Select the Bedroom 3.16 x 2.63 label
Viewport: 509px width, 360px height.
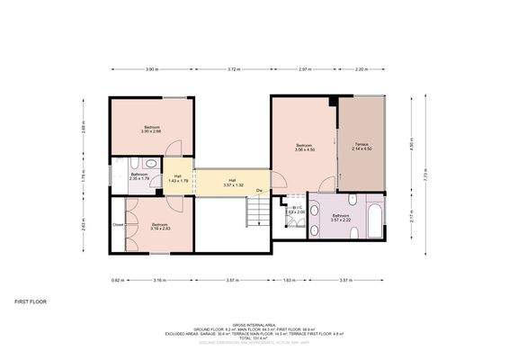pos(160,226)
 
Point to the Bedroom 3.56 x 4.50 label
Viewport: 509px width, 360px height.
pos(305,148)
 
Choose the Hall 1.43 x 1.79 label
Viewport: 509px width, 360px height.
pos(178,178)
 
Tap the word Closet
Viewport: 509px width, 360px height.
pos(118,224)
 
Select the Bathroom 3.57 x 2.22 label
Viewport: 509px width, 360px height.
pos(341,218)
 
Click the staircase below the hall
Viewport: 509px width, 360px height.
pos(257,212)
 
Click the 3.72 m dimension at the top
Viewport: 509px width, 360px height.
pos(233,68)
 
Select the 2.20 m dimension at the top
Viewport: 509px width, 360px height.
pos(362,68)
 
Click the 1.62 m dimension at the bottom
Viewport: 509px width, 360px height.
pos(289,281)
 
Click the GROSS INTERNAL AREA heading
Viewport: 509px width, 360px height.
pos(254,323)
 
